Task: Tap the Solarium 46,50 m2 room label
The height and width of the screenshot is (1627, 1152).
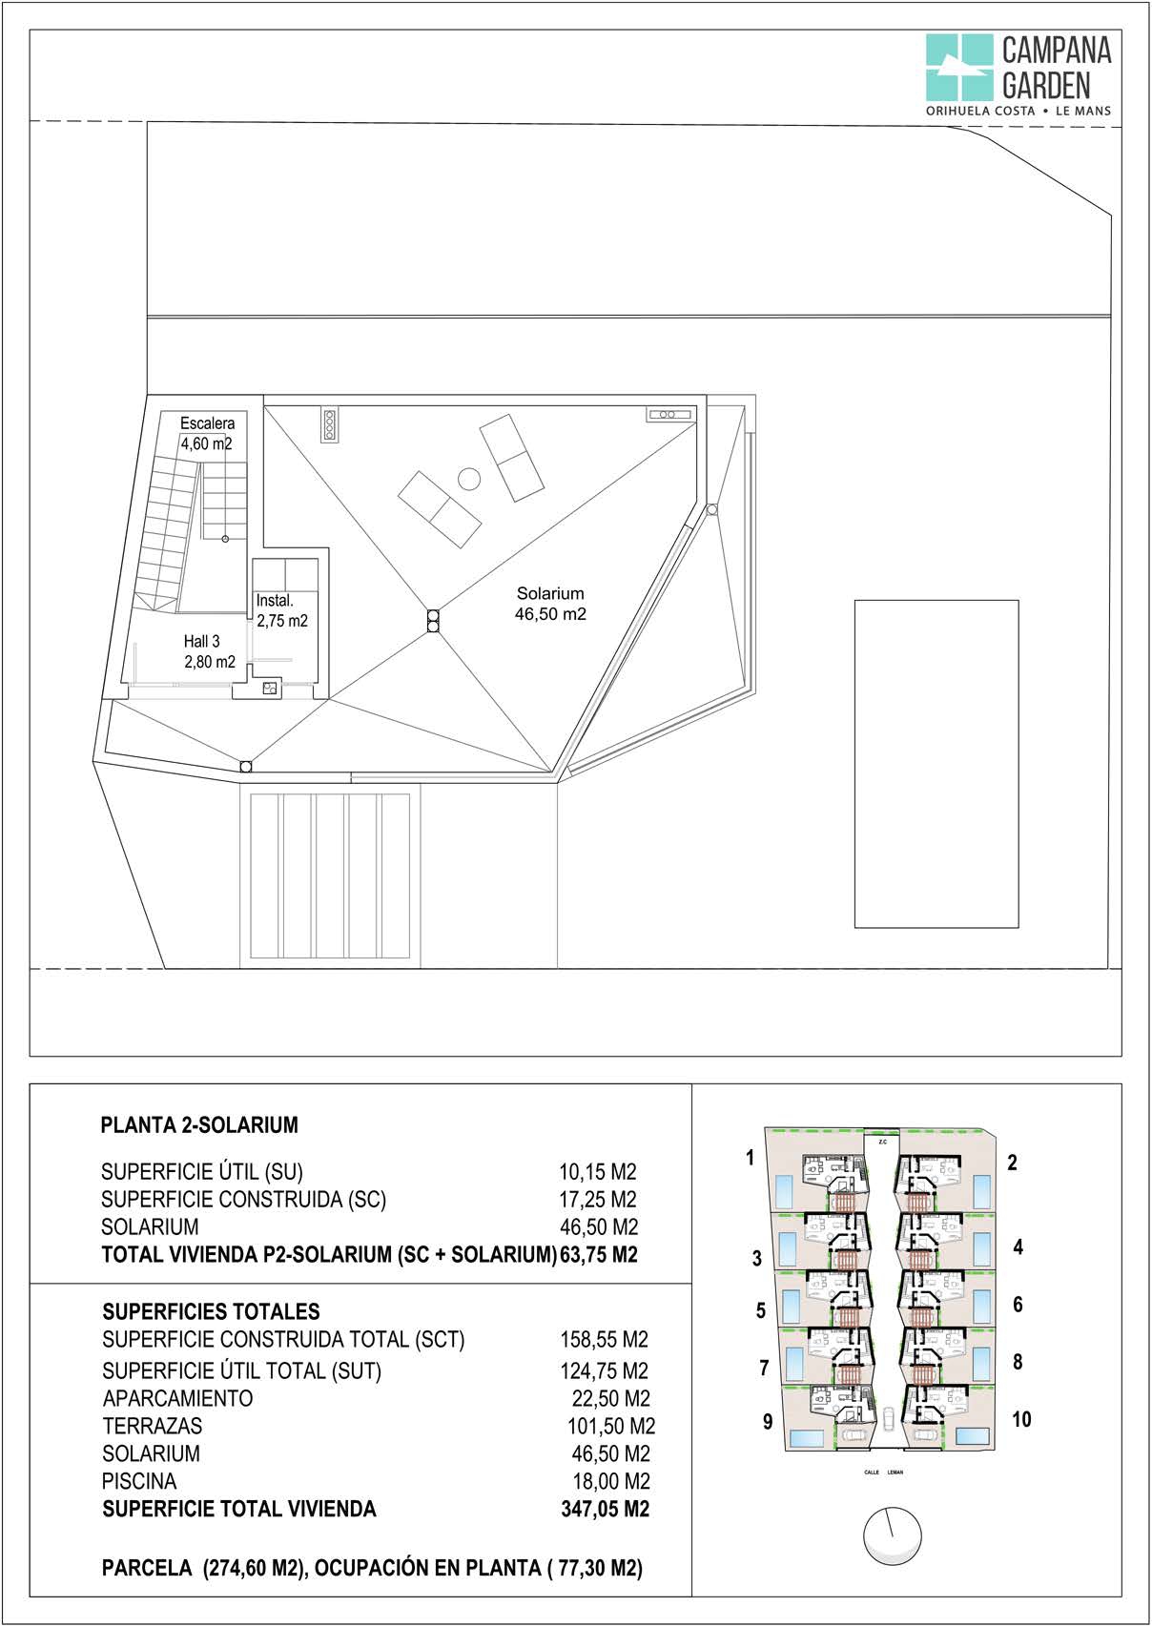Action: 550,604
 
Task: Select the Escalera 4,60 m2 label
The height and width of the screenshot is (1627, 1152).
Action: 207,433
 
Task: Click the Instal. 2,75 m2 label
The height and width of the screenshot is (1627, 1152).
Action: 281,610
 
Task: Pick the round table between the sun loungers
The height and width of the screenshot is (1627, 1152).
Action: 468,479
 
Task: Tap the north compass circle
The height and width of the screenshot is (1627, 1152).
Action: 892,1536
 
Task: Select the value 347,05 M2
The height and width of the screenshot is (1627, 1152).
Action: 605,1509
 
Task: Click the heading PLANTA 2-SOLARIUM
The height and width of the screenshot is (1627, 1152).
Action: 199,1125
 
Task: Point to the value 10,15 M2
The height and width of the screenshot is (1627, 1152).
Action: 597,1172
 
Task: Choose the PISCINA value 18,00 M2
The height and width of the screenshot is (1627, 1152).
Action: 610,1481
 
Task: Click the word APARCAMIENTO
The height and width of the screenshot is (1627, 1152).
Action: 178,1398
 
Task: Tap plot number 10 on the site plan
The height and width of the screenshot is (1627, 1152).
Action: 1021,1419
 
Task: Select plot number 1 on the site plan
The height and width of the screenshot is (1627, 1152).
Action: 751,1158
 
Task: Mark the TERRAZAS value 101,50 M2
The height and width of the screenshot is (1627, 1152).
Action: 610,1426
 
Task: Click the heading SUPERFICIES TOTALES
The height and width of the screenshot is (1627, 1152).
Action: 211,1311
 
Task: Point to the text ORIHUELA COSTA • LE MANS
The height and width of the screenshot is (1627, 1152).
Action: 1018,111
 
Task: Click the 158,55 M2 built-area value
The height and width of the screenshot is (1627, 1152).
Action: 604,1340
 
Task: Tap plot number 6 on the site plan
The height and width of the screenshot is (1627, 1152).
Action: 1018,1305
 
